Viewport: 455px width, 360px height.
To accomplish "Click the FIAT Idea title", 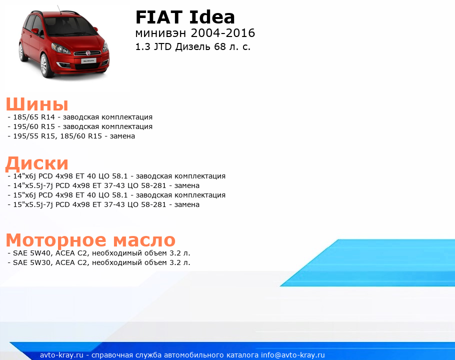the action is [185, 17].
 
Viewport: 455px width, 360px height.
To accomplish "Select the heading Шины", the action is [37, 104].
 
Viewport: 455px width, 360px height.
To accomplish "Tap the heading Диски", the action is [37, 163].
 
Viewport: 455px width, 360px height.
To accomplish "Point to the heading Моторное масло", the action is [90, 240].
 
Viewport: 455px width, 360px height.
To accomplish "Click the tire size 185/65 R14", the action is [34, 117].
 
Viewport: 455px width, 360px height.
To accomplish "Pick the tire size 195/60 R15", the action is [34, 127].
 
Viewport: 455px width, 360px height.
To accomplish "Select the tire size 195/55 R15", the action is [34, 136].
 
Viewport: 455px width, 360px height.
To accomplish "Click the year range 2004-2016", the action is [223, 33].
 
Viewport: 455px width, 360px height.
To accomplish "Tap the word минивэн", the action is [160, 33].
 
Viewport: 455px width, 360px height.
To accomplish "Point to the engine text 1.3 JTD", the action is [153, 46].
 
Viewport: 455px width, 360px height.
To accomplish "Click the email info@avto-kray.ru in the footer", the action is [293, 355].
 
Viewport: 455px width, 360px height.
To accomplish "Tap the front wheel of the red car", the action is [44, 65].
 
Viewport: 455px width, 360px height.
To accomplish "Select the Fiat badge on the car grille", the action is [88, 53].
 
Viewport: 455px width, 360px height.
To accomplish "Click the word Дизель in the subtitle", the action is [193, 47].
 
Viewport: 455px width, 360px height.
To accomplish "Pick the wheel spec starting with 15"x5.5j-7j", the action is [106, 204].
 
